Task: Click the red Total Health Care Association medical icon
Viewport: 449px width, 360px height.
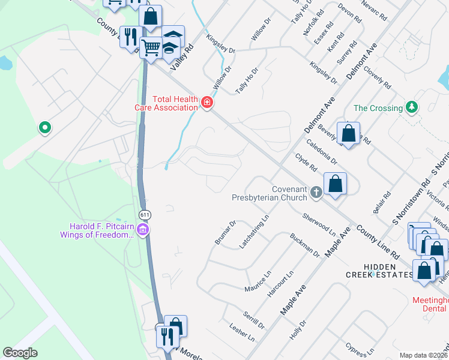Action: tap(207, 103)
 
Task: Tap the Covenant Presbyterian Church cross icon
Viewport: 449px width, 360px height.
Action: tap(316, 193)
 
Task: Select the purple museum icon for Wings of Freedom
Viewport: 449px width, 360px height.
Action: tap(143, 230)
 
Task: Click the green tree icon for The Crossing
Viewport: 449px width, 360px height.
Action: tap(411, 108)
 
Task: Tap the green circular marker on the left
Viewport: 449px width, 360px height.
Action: tap(44, 127)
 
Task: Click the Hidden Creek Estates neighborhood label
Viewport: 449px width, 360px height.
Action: tap(379, 271)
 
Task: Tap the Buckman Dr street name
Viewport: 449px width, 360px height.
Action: tap(305, 245)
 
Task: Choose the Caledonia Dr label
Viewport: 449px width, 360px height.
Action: tap(322, 153)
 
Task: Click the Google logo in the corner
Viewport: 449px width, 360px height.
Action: tap(20, 353)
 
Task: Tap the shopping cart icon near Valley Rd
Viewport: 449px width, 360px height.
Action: tap(151, 46)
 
